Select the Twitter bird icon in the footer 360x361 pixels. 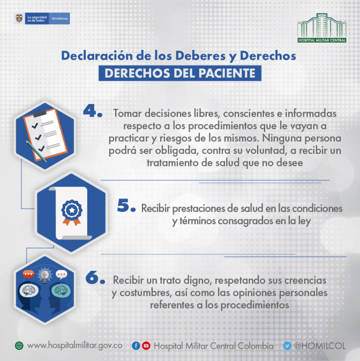[287, 346]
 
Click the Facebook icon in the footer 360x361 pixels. [136, 346]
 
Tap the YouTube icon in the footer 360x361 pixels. [146, 346]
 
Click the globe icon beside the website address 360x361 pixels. [19, 346]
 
